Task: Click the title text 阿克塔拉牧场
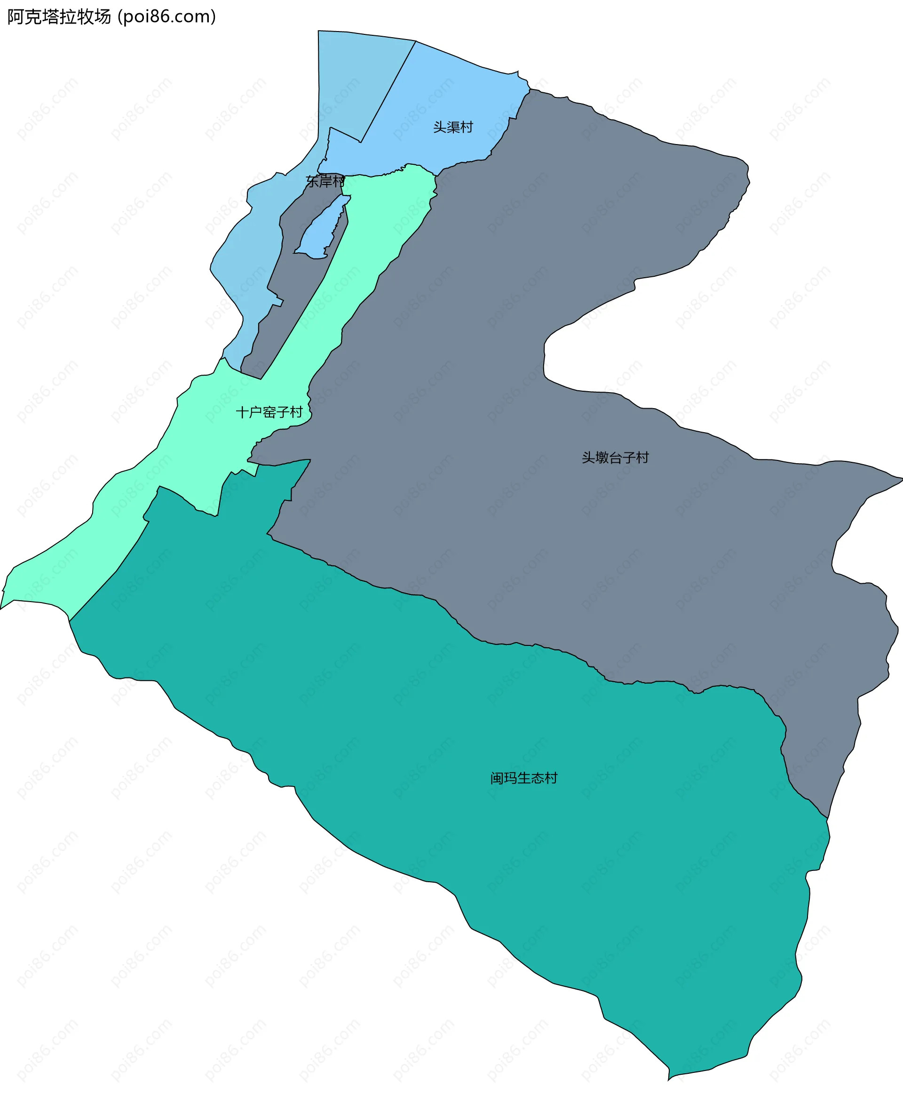coord(59,17)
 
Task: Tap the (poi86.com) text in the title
coord(166,17)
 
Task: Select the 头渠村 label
coord(453,127)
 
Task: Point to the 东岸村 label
coord(325,181)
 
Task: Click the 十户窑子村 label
coord(269,412)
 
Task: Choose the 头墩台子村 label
coord(615,458)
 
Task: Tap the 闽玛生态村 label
coord(524,778)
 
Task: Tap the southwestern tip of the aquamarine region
coord(2,608)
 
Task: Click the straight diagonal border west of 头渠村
coord(388,91)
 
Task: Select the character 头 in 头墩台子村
coord(588,458)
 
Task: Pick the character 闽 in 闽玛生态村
coord(497,778)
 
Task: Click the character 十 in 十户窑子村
coord(242,412)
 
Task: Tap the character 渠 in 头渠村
coord(453,127)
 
